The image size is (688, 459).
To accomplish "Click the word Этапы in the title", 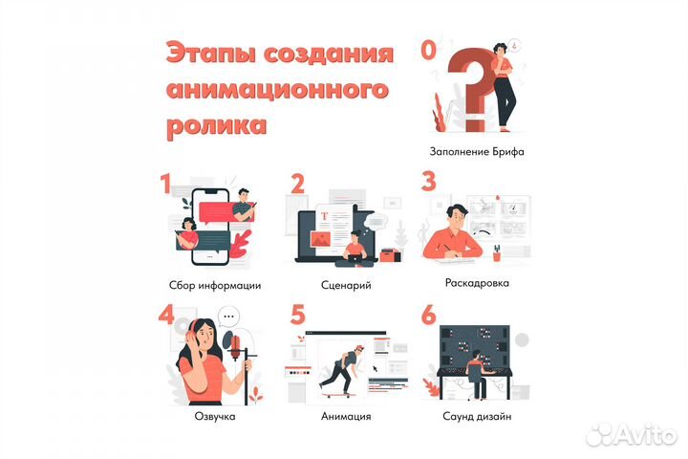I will pyautogui.click(x=204, y=54).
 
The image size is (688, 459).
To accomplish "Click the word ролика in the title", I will pyautogui.click(x=216, y=125).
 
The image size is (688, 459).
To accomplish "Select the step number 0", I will pyautogui.click(x=431, y=48).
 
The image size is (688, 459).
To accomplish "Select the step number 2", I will pyautogui.click(x=297, y=184).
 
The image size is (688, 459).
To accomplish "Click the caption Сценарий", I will pyautogui.click(x=346, y=284).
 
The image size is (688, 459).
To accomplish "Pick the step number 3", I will pyautogui.click(x=429, y=182).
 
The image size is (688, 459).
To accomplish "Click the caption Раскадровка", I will pyautogui.click(x=477, y=283).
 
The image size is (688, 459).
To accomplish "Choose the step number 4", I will pyautogui.click(x=165, y=317).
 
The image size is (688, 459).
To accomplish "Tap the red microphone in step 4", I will pyautogui.click(x=230, y=342).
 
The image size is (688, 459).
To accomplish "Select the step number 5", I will pyautogui.click(x=298, y=316).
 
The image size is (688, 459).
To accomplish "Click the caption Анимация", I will pyautogui.click(x=346, y=417).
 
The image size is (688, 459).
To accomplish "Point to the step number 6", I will pyautogui.click(x=429, y=316).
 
